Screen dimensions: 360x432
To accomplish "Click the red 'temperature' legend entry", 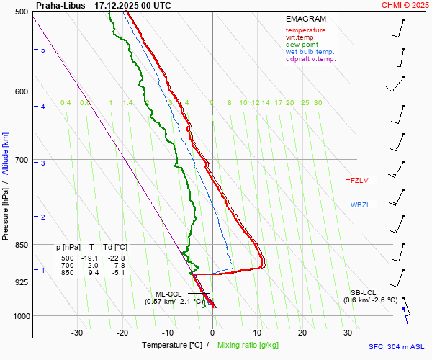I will click(305, 30).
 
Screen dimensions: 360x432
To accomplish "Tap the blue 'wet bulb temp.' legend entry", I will click(310, 52).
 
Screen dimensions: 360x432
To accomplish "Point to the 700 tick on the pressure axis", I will click(20, 160).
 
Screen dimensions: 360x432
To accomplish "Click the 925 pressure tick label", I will click(20, 282).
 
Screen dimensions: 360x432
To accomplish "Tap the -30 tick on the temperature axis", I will click(77, 333).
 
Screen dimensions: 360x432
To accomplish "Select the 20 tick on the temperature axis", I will click(302, 333).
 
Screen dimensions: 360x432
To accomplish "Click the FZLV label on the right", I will click(359, 180).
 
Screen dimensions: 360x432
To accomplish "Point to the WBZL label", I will click(360, 205).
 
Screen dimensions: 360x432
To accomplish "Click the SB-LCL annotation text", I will click(364, 292).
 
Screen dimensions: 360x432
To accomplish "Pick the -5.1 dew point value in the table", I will click(117, 272).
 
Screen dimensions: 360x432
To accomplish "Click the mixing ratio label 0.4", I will click(66, 103).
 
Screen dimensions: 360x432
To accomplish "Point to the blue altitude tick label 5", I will click(43, 50).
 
